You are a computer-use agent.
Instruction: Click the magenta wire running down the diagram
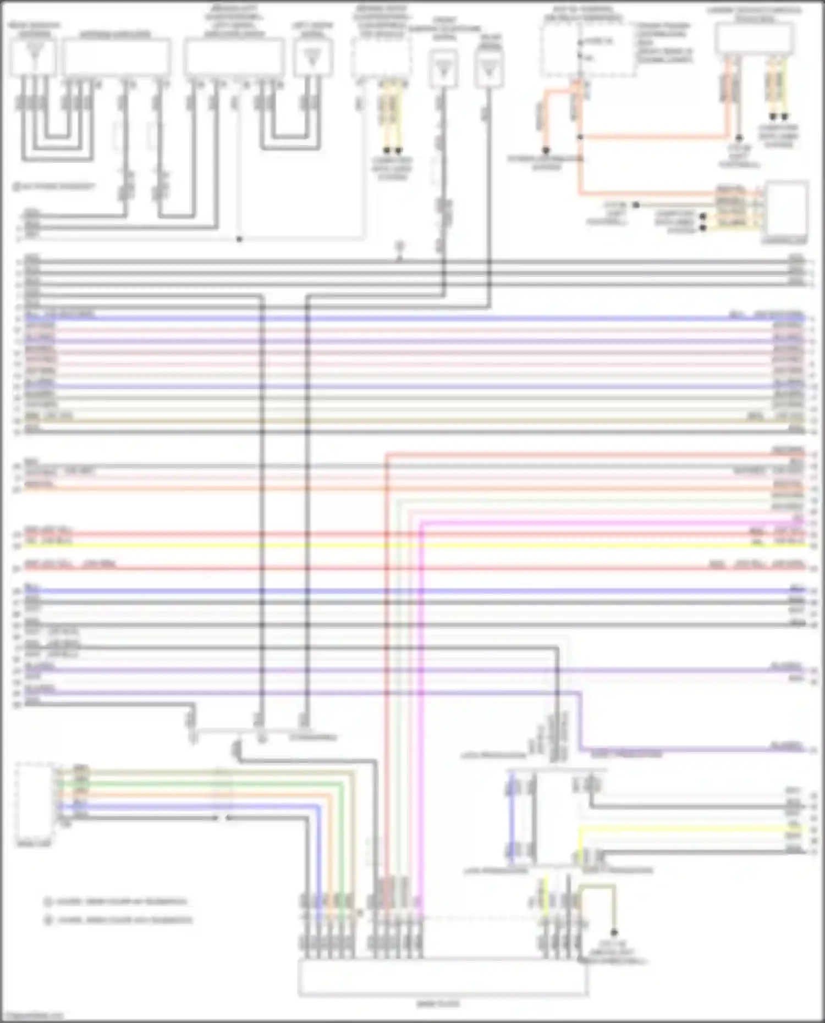[421, 715]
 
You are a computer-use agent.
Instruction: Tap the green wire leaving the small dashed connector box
[275, 783]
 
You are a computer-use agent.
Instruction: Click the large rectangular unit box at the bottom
[443, 977]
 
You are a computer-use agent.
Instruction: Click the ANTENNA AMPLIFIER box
[116, 57]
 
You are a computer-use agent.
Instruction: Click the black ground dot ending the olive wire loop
[614, 932]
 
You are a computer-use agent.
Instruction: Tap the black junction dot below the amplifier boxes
[239, 239]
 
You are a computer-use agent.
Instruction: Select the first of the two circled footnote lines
[116, 902]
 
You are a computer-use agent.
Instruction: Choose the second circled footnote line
[118, 920]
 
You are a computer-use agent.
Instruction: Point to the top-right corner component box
[754, 39]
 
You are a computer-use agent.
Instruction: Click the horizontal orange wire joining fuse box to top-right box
[654, 136]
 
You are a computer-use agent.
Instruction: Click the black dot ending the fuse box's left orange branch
[546, 150]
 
